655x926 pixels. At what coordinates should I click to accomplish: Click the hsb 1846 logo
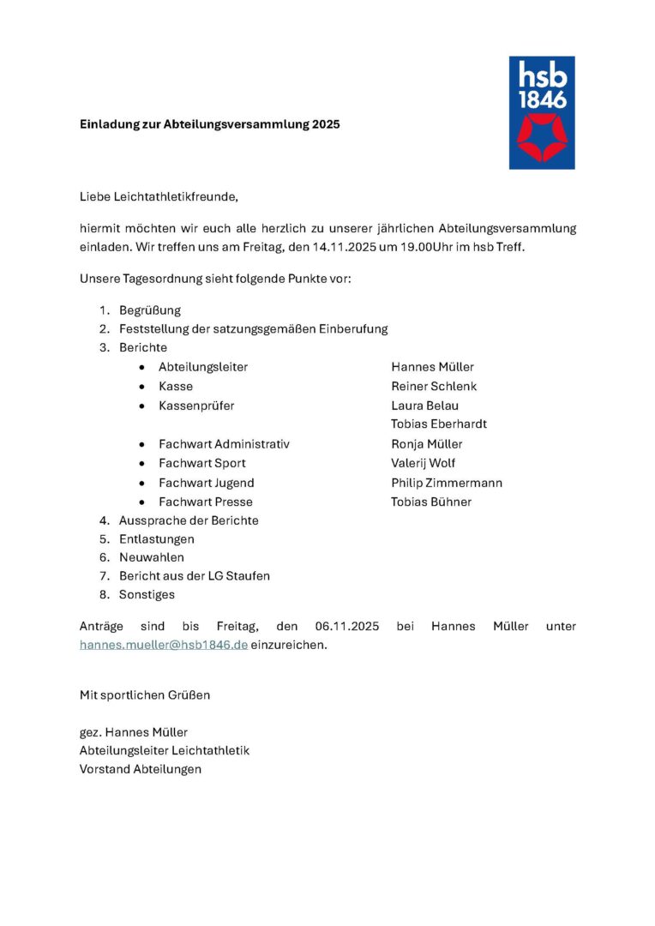542,112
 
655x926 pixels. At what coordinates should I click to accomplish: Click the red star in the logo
542,137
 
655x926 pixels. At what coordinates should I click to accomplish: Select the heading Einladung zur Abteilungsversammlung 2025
210,124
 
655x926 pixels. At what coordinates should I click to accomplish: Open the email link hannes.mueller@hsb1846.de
164,645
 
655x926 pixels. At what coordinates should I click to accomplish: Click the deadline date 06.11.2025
346,627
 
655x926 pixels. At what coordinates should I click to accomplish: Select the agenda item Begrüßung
150,310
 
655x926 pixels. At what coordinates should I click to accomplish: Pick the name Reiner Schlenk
434,387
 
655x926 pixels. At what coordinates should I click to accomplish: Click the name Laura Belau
424,406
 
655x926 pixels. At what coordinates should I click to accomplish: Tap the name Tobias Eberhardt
439,424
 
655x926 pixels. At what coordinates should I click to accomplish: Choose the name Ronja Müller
427,444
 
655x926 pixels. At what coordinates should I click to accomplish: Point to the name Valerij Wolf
423,463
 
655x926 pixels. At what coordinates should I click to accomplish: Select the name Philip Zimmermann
447,483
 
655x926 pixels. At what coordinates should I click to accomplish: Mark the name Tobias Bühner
431,502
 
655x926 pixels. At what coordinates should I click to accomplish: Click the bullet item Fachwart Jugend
207,483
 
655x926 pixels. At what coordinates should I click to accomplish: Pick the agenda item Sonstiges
147,594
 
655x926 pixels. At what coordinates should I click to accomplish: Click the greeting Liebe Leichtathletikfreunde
159,197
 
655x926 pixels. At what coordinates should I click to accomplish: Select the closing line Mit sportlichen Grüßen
145,694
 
